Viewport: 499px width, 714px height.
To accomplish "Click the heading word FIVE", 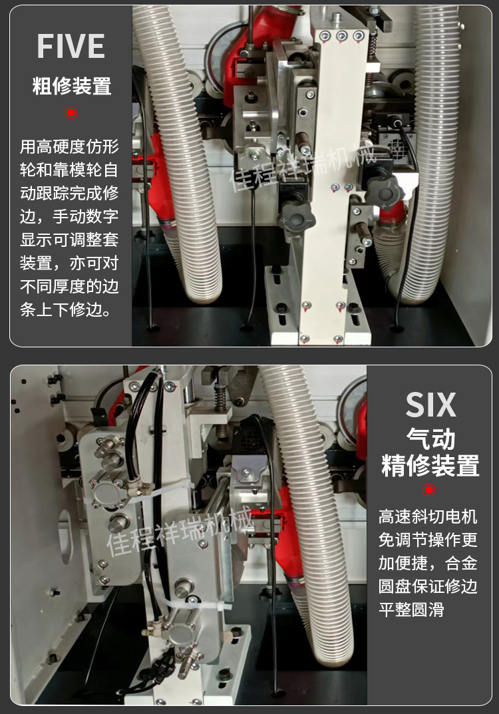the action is point(71,46).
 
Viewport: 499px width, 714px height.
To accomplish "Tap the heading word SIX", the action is point(430,405).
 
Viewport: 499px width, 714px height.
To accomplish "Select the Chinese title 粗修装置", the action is point(71,86).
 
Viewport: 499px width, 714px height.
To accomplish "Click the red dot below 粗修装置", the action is point(71,112).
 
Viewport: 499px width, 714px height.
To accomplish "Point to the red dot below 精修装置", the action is point(429,490).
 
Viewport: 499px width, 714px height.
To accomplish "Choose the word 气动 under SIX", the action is point(430,439).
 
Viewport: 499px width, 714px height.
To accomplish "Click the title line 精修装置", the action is point(430,465).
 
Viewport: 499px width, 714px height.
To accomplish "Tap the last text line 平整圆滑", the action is point(411,610).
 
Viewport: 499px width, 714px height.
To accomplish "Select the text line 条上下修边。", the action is point(66,309).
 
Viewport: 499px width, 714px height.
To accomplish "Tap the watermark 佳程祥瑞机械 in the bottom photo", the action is point(180,531).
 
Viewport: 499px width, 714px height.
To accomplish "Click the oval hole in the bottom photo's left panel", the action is point(65,536).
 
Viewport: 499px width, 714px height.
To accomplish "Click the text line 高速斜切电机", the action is point(428,516).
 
